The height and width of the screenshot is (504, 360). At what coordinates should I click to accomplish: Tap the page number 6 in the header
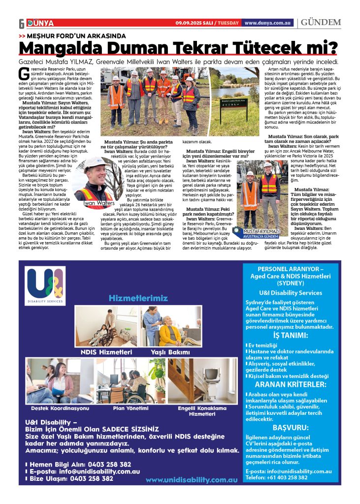point(21,24)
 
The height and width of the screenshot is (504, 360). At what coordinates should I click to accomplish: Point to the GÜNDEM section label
point(321,23)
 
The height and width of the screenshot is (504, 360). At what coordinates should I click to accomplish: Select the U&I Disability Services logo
point(46,286)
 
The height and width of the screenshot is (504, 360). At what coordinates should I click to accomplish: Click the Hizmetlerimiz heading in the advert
point(131,298)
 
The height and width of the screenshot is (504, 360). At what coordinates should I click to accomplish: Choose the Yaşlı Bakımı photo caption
point(170,352)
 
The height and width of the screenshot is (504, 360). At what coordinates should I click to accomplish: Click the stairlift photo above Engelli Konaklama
point(200,381)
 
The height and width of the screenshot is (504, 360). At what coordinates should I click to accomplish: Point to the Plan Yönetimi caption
point(131,409)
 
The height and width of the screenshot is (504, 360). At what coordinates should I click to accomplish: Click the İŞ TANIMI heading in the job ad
point(291,336)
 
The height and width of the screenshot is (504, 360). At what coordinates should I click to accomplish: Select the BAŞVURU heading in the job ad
point(291,427)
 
